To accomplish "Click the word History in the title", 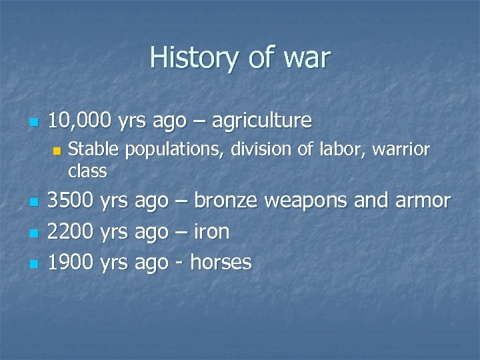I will [x=191, y=58].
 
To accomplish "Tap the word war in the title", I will [x=305, y=58].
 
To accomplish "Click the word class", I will [x=87, y=171].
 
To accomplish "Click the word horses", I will [x=221, y=263].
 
